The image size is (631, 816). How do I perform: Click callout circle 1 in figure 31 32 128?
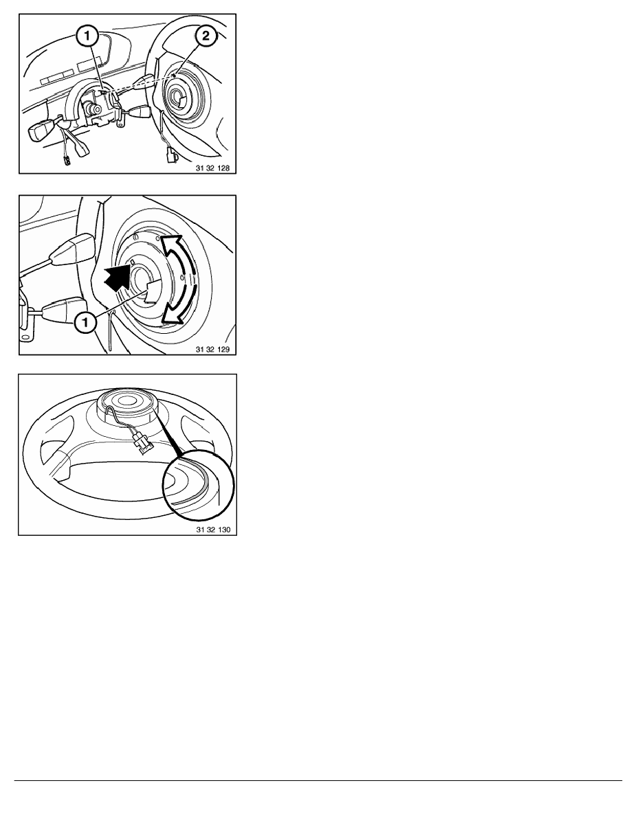click(87, 36)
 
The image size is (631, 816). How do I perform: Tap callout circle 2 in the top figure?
click(206, 36)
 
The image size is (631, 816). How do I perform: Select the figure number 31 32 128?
click(212, 168)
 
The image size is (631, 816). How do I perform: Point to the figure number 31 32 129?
click(212, 349)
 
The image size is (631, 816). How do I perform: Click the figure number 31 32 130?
click(213, 530)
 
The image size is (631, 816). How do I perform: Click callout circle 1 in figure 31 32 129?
click(85, 323)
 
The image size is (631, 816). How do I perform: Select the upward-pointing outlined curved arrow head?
click(172, 244)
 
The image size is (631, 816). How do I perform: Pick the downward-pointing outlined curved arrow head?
click(173, 315)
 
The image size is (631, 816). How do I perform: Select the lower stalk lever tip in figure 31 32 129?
click(63, 313)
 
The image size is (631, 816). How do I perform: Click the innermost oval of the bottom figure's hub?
click(126, 401)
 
